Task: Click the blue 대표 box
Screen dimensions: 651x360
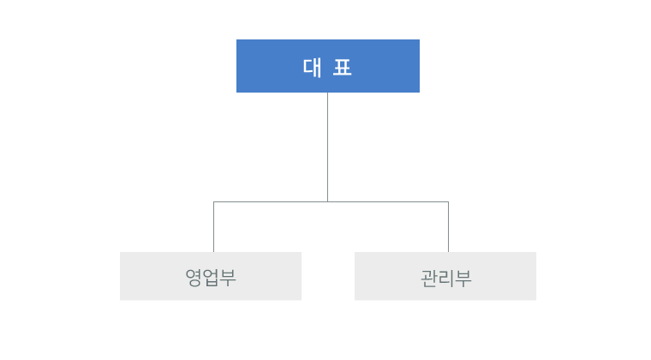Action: coord(328,66)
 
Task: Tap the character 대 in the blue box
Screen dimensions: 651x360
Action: coord(312,67)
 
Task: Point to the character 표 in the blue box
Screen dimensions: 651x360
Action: coord(343,68)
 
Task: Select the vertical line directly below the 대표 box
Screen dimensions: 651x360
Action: coord(327,147)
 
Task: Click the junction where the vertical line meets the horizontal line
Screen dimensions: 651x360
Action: coord(327,201)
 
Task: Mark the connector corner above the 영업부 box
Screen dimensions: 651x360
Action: coord(214,201)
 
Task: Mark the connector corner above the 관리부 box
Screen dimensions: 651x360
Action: coord(448,201)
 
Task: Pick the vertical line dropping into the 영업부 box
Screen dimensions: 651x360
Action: coord(214,226)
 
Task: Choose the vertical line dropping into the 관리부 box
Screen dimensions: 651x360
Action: coord(448,226)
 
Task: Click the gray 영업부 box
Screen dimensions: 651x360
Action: coord(211,276)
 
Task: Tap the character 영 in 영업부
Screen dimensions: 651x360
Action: coord(194,278)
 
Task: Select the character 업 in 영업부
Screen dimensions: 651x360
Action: coord(211,278)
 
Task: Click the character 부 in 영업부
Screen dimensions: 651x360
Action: coord(228,278)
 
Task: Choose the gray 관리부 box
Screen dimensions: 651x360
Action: coord(445,276)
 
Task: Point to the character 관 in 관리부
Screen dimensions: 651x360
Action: coord(429,279)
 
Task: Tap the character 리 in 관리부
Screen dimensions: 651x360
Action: coord(446,279)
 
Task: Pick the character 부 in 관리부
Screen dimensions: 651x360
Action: coord(463,279)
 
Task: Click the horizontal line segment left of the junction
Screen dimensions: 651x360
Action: coord(271,201)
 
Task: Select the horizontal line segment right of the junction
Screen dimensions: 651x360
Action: coord(388,201)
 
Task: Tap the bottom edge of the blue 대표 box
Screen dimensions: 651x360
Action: coord(328,93)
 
